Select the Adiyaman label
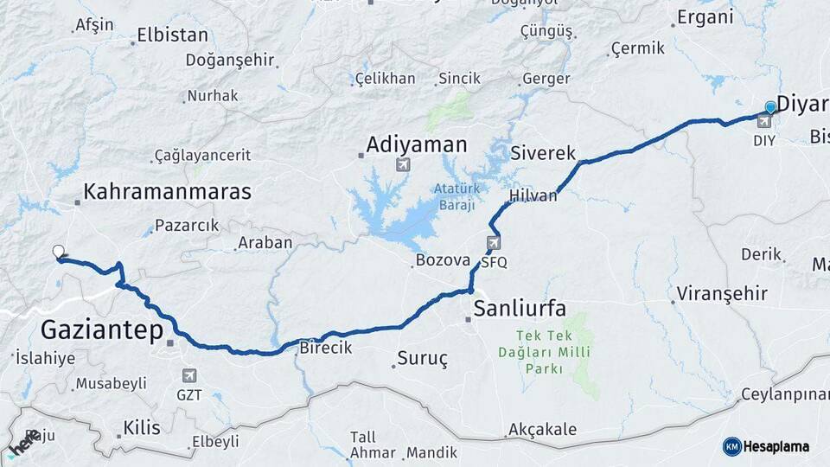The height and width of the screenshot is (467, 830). point(417,144)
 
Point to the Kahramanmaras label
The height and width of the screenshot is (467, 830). point(167,191)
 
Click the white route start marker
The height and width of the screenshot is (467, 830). point(59,253)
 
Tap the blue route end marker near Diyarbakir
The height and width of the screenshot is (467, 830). point(770,108)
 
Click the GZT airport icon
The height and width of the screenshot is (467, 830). point(189,375)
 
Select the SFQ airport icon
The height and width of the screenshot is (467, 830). point(493,243)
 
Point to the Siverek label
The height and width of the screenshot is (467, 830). point(543,153)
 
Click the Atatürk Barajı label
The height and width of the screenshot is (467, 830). point(455,196)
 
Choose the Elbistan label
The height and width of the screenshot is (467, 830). point(173,36)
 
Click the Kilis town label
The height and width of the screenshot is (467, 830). point(142,427)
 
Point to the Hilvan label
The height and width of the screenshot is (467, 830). point(533,196)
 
